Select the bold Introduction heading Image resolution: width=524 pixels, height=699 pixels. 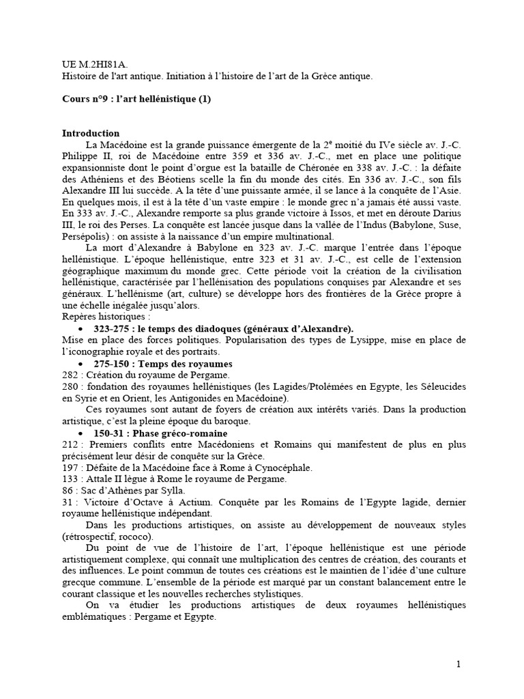pyautogui.click(x=91, y=133)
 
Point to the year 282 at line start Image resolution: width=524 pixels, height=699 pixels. pyautogui.click(x=69, y=375)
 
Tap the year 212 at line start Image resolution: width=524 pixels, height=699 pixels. pyautogui.click(x=69, y=445)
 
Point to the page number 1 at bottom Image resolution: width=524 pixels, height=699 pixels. pyautogui.click(x=459, y=664)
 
